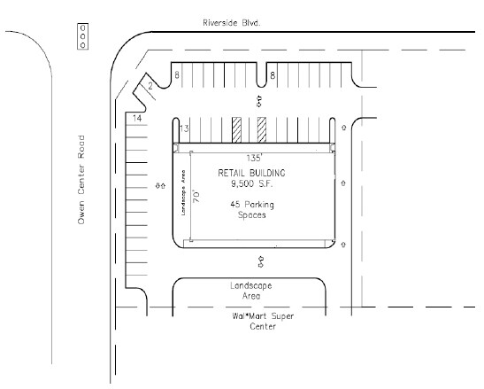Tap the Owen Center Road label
pos(81,179)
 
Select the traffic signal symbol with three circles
pos(82,35)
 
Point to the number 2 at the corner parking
pos(150,86)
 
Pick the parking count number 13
pos(184,129)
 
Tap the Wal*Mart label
pos(245,315)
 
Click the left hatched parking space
pos(236,129)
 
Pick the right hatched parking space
pos(262,129)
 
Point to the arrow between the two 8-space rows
pos(258,101)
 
